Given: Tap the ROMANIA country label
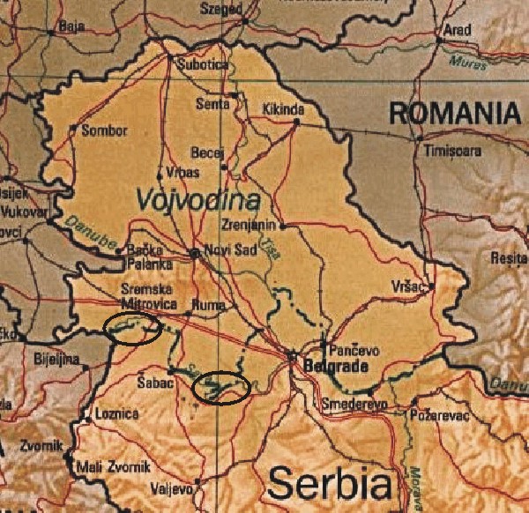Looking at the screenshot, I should [455, 113].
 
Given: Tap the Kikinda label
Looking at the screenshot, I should [283, 109].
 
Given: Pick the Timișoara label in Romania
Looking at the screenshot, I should [451, 151].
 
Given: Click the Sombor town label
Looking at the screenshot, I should [104, 131].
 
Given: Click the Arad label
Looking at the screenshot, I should [458, 29].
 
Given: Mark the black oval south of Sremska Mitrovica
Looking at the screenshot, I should [132, 329].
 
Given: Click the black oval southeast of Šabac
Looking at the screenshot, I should [221, 388].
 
